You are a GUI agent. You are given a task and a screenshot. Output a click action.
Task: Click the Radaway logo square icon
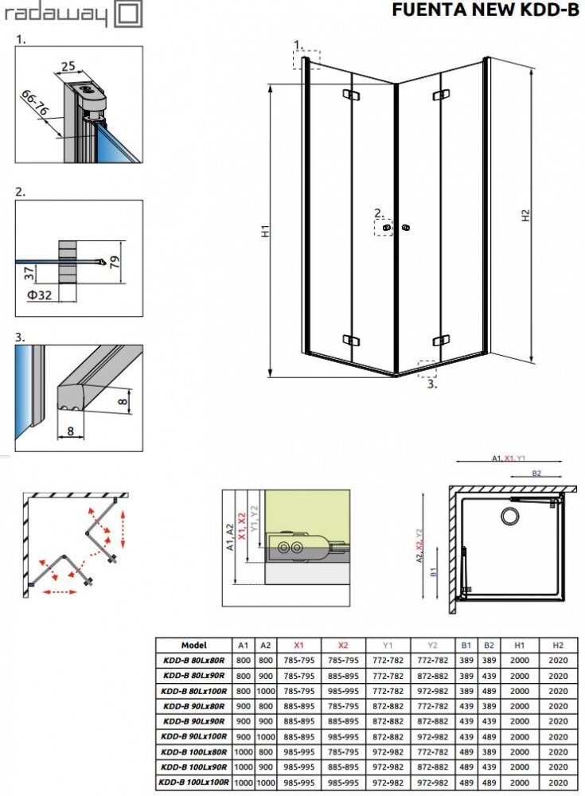coord(128,14)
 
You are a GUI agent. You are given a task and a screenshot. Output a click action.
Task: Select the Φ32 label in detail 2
coord(39,295)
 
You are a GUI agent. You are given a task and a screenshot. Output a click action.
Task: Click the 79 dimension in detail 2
coord(115,261)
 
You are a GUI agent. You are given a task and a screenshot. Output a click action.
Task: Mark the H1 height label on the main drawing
coord(265,231)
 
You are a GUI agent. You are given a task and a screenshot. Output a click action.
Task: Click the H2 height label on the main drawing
coord(525,215)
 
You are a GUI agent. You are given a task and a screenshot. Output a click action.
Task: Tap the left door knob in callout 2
coord(388,228)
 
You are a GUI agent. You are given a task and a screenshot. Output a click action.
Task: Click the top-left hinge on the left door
coord(351,95)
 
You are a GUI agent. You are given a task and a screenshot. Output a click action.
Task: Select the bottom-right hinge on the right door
coord(441,341)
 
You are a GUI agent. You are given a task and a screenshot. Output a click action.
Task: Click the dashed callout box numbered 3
coord(427,369)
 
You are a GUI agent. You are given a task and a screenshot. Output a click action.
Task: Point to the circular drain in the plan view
coord(509,517)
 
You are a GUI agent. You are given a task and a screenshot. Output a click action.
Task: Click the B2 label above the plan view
coord(536,473)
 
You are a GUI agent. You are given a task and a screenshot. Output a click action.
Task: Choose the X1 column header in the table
coord(298,646)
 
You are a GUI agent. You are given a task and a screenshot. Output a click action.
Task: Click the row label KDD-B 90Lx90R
coord(194,721)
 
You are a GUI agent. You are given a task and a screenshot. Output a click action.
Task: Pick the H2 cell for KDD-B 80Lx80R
coord(558,661)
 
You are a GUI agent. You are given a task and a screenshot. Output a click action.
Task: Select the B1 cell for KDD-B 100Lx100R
coord(466,782)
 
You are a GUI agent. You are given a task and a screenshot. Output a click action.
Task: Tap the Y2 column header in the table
coord(432,646)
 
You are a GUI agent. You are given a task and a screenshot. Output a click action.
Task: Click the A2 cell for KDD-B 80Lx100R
coord(266,691)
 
